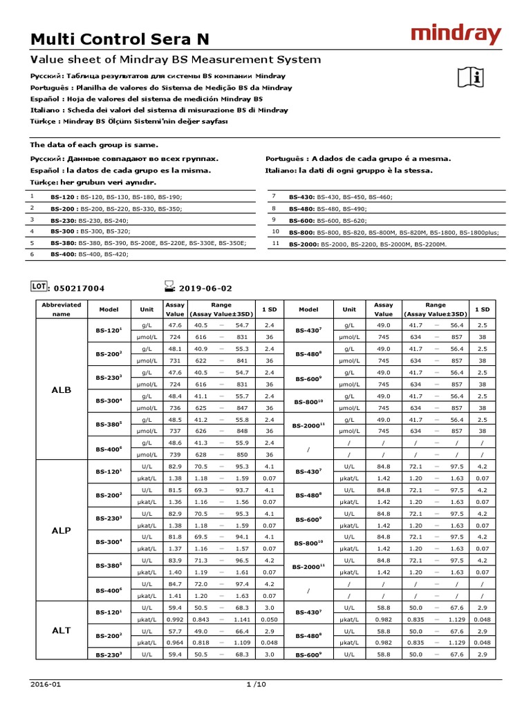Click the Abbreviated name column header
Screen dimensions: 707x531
(x=62, y=309)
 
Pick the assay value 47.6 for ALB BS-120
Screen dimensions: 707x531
(x=175, y=325)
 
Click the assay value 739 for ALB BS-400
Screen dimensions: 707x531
(x=175, y=454)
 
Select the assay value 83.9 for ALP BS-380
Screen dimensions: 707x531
(x=175, y=560)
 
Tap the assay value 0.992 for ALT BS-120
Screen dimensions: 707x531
(x=175, y=619)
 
